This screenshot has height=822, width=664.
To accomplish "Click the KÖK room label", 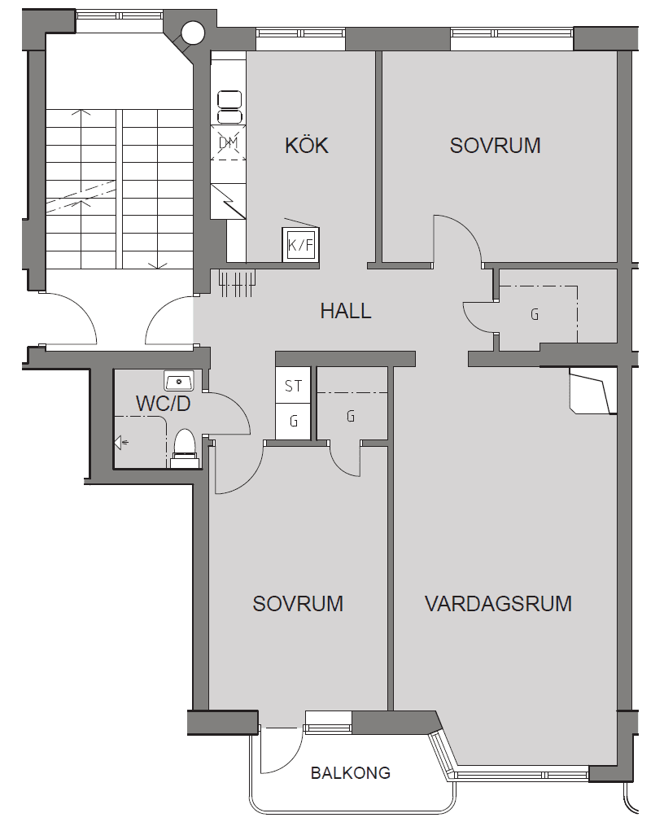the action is pos(307,145).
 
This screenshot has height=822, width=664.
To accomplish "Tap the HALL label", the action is pos(346,311).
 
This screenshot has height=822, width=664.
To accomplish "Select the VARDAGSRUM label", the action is pos(498,603).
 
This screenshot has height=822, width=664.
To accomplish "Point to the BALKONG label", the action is pos(351,772).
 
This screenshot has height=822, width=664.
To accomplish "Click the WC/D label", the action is pos(163,404).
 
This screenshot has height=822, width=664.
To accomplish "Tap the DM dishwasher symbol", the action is pos(228,142).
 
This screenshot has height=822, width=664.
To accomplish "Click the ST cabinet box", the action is pos(293,385).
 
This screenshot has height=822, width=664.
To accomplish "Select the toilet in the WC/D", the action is pos(185,448).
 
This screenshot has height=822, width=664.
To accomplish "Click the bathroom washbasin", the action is pos(179,381).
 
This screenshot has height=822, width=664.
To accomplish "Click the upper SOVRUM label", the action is pos(496,145).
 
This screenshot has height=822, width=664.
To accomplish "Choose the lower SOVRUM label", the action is pos(298,603).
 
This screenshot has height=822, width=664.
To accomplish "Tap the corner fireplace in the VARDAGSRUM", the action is pos(592,391).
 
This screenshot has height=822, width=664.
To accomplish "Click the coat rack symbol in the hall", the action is pos(238,282).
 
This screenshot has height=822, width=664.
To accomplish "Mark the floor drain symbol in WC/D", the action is pos(121,443).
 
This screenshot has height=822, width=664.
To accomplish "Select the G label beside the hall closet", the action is pos(535,314).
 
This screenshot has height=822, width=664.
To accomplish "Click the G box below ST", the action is pos(293,421).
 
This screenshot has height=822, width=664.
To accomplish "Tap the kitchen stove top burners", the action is pos(229,107).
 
